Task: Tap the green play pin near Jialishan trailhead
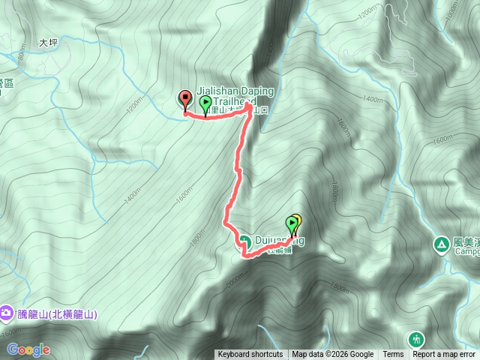point(205,103)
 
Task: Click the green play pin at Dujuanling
point(292,224)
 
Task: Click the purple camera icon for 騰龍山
point(6,311)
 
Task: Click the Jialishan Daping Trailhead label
point(235,96)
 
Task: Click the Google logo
point(28,349)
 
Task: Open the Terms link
point(393,355)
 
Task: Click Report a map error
point(444,355)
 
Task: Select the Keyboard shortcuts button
point(250,355)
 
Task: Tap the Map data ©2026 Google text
point(332,355)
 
